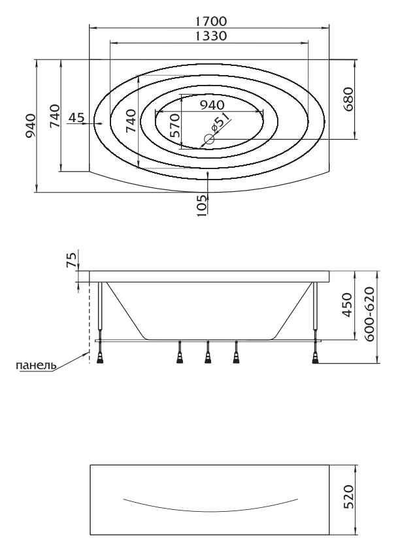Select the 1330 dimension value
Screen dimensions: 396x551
tap(211, 36)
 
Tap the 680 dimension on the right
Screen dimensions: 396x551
tap(348, 99)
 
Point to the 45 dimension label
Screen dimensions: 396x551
tap(76, 118)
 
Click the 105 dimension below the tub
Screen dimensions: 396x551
tap(201, 205)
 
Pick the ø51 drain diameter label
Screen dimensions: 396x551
tap(220, 122)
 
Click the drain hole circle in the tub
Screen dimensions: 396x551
tap(209, 140)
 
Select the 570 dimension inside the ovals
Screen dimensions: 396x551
tap(174, 125)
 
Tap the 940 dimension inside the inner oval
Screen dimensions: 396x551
tap(212, 104)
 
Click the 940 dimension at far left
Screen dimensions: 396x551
tap(30, 126)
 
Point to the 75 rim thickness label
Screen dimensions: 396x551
tap(71, 260)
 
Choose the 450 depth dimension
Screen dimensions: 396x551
tap(347, 305)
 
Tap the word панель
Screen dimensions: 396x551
tap(36, 366)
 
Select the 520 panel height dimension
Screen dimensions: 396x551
tap(348, 497)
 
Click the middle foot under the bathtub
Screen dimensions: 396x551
tap(208, 353)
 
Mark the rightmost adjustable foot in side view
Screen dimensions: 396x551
tap(315, 353)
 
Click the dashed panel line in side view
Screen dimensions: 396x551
tap(89, 323)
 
